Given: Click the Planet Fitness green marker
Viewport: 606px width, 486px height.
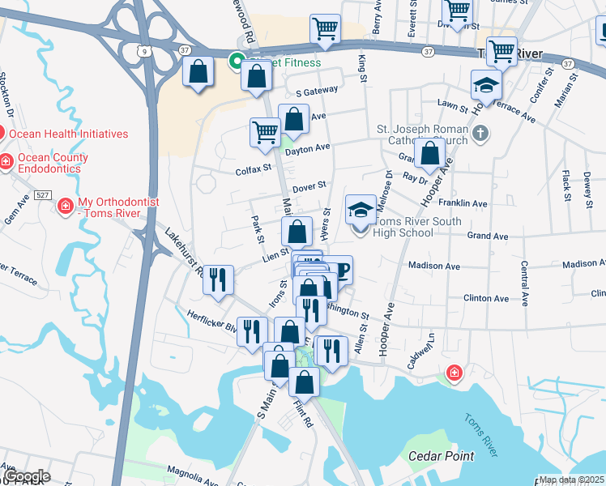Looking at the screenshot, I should tap(237, 62).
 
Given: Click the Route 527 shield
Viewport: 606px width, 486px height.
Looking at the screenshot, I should tap(44, 194).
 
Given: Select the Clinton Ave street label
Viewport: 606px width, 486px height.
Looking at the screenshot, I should tap(486, 298).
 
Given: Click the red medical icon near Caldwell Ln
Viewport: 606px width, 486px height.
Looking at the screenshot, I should tap(454, 373).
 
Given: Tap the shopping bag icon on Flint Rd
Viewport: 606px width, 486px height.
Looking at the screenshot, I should tap(305, 382).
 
